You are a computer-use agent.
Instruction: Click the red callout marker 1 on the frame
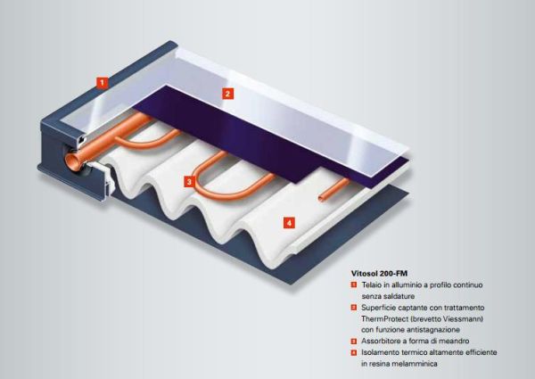tap(102, 83)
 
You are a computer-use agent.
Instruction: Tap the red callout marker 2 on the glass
tap(228, 94)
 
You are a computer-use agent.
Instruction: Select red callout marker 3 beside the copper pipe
tap(189, 182)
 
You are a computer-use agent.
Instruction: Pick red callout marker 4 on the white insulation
tap(289, 223)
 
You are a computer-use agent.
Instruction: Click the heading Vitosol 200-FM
tap(379, 273)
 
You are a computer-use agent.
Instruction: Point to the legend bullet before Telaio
tap(354, 284)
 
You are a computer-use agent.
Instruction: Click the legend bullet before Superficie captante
tap(354, 308)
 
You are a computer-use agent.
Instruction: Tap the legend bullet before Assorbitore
tap(354, 342)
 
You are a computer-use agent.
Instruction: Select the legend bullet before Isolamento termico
tap(354, 352)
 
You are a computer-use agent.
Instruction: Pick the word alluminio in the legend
tap(405, 284)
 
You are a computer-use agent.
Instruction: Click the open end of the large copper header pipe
tap(73, 161)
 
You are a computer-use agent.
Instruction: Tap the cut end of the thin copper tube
tap(321, 198)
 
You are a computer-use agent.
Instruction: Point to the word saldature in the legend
tap(399, 296)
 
